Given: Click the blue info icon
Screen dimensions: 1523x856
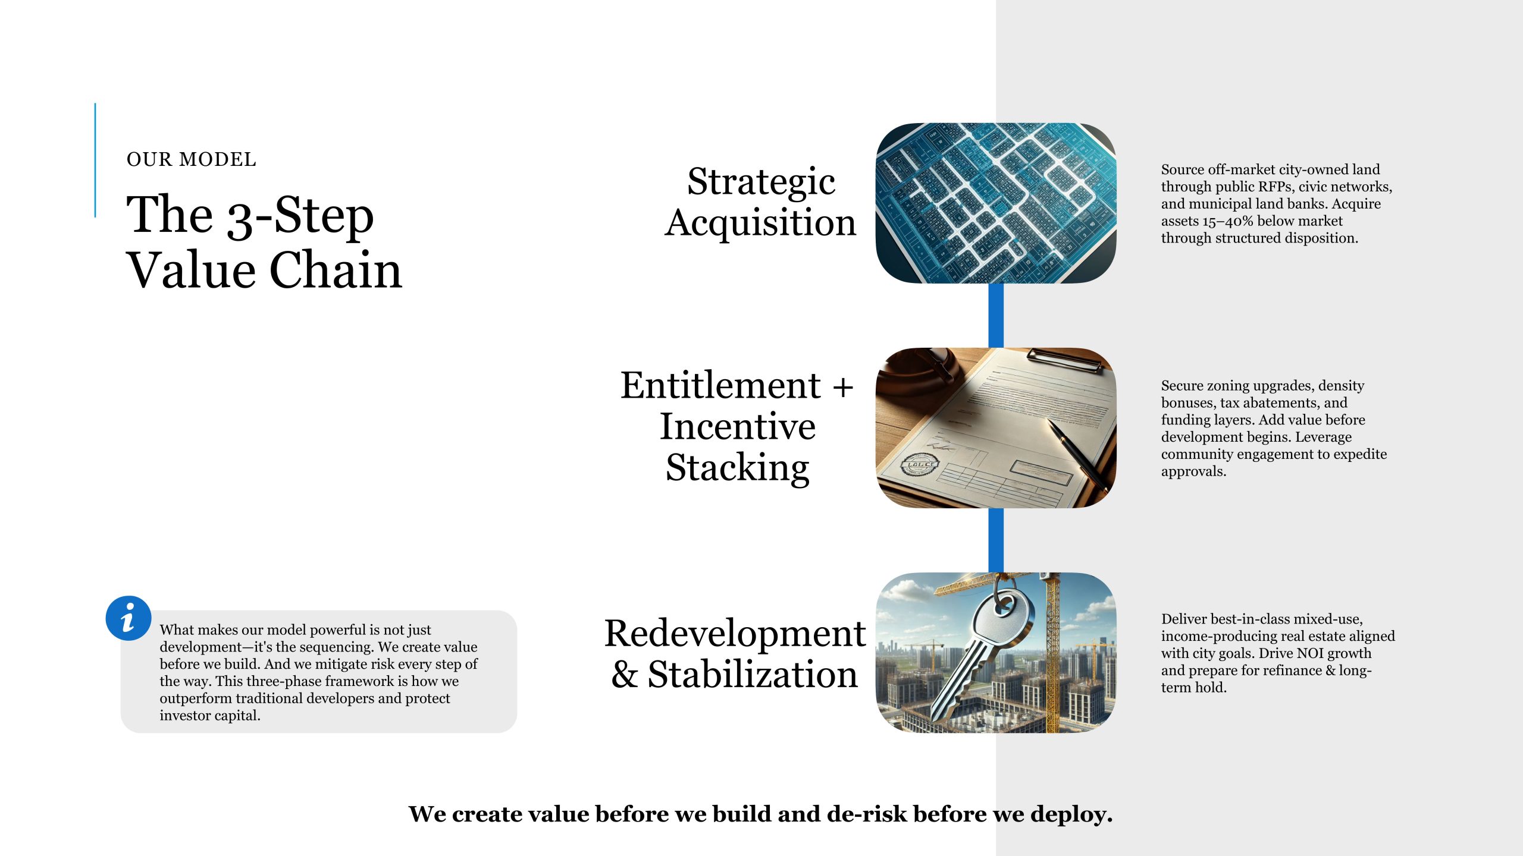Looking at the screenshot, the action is point(128,618).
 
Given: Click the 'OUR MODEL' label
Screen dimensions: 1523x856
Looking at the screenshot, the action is point(192,159).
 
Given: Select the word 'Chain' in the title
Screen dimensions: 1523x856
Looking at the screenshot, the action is point(336,270).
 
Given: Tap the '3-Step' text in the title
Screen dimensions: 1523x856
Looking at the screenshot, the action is point(300,216).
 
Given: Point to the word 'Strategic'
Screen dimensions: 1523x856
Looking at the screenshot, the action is point(761,182).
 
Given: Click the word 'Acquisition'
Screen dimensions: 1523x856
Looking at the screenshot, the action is point(760,224).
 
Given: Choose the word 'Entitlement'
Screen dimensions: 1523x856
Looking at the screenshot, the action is point(720,385).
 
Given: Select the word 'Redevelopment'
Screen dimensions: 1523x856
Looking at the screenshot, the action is point(735,634).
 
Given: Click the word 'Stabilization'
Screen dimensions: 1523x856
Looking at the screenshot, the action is point(752,675).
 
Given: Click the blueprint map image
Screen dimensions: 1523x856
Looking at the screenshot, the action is point(996,203).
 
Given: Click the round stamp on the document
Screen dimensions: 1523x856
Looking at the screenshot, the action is point(919,464).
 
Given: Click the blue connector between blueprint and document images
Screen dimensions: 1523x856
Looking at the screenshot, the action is point(996,316).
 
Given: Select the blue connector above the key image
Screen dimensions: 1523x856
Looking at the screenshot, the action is point(996,540).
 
